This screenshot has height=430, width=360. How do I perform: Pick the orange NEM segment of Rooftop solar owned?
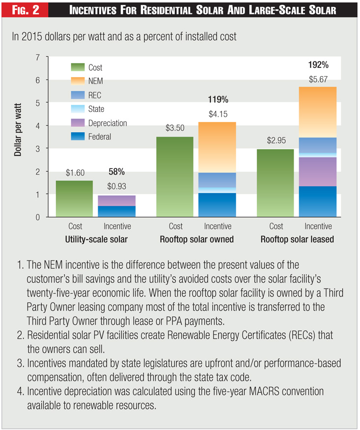tap(217, 147)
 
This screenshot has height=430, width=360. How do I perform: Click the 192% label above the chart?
tap(318, 64)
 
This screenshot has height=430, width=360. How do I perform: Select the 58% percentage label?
tap(117, 172)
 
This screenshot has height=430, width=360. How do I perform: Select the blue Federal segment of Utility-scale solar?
tap(117, 211)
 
